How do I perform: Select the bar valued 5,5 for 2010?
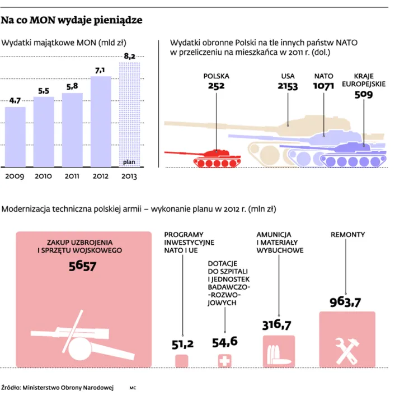coord(44,132)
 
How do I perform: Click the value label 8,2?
coord(129,56)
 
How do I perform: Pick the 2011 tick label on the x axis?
coord(72,176)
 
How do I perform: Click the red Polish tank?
coord(218,157)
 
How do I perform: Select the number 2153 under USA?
coord(288,86)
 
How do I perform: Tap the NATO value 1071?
coord(323,86)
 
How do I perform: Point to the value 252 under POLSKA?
coord(216,86)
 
